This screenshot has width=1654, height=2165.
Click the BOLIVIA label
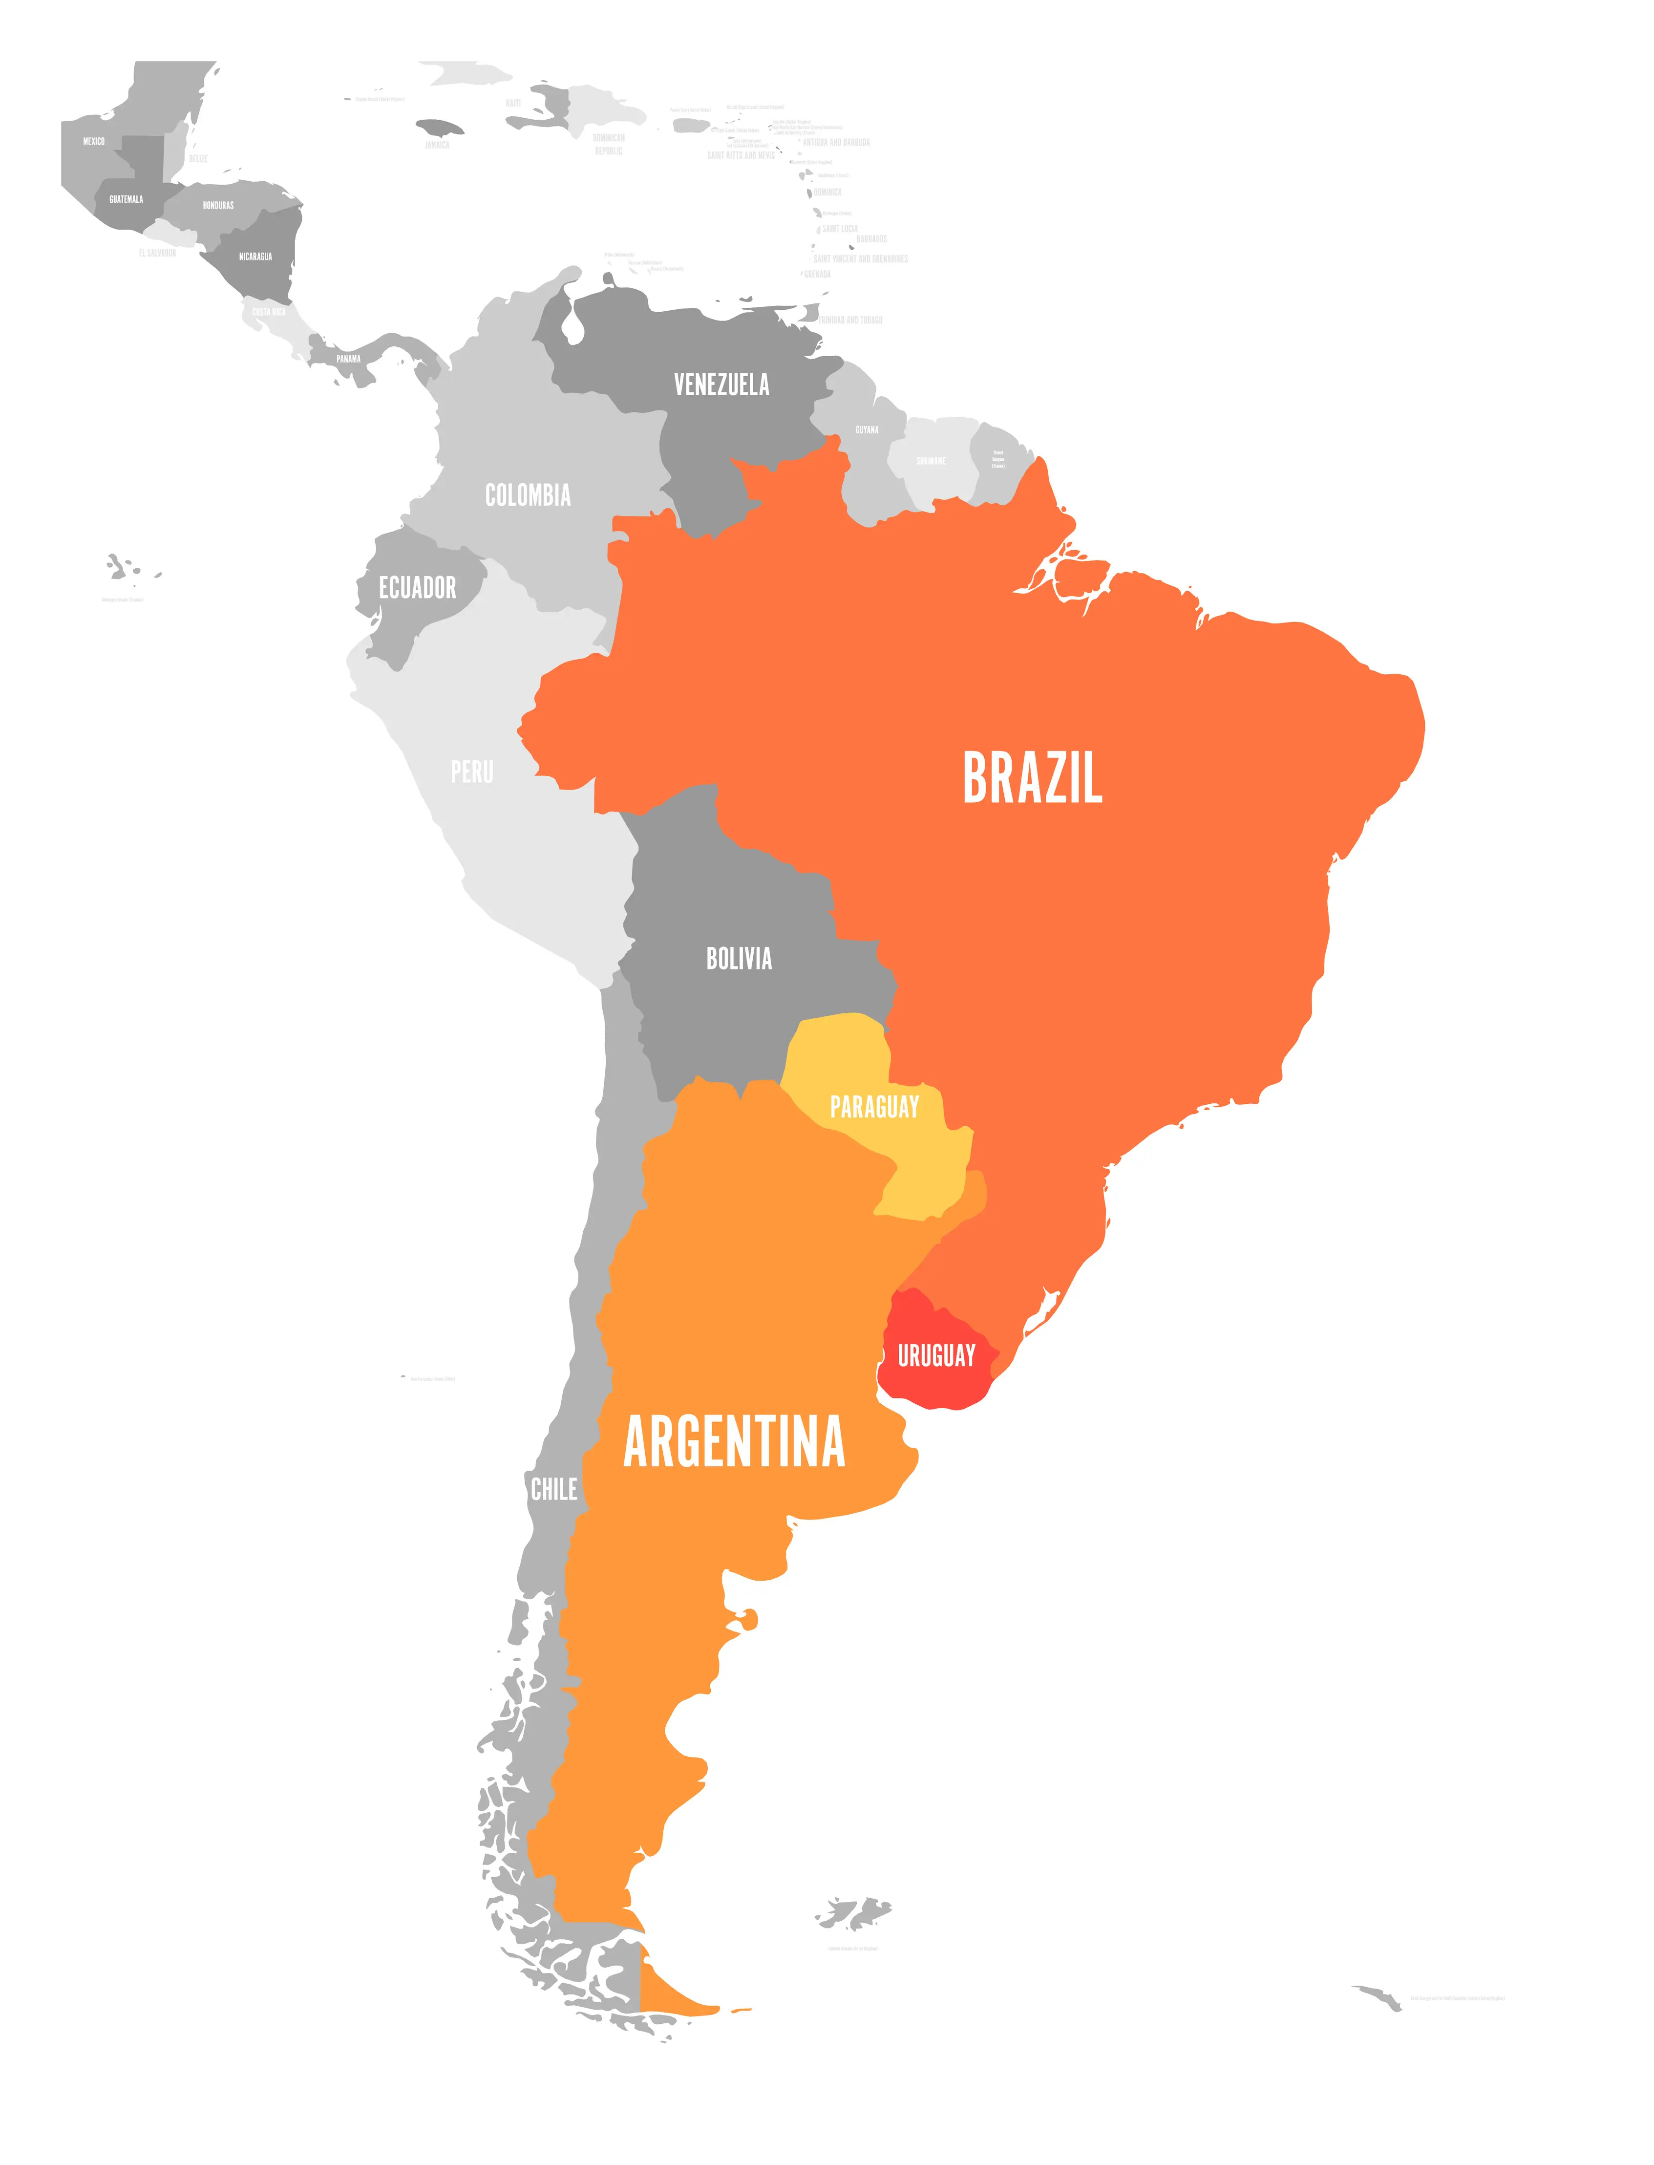point(739,958)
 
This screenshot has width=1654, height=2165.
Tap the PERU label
point(471,772)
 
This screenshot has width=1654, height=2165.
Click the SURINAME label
point(931,461)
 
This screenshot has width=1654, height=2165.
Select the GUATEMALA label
point(126,199)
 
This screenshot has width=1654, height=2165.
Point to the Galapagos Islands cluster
point(123,568)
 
